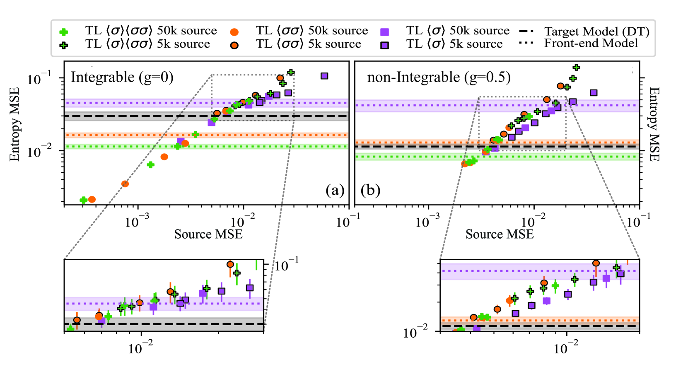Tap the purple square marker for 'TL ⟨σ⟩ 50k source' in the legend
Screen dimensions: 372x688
point(385,32)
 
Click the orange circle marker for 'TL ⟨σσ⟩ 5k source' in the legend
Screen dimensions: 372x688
point(234,45)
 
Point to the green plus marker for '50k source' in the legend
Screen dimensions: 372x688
point(64,32)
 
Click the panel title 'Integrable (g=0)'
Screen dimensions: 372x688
point(122,77)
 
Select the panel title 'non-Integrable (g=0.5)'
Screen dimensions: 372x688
point(439,77)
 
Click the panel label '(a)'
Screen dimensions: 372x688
point(335,190)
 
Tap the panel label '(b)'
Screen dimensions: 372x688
point(370,190)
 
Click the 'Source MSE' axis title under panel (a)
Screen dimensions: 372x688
point(208,234)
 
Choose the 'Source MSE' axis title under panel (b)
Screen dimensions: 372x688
point(500,234)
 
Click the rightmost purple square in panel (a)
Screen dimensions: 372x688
point(324,76)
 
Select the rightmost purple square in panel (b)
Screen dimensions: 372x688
point(594,93)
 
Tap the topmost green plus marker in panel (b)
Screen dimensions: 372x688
point(576,67)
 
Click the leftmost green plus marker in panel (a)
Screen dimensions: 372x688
point(83,200)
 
